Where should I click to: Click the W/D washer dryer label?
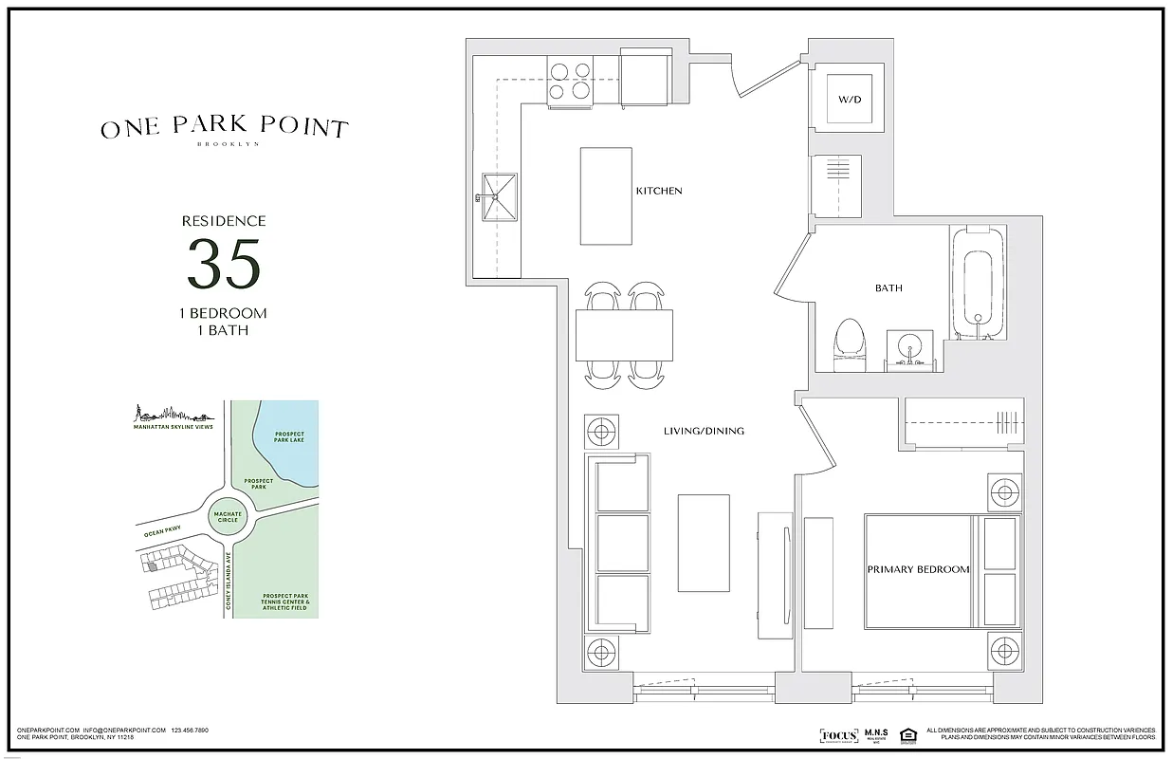(849, 99)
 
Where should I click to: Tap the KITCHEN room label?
(658, 192)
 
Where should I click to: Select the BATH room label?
(888, 287)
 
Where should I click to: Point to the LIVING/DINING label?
(704, 431)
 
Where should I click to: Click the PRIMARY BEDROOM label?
(918, 569)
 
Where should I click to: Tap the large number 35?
(223, 265)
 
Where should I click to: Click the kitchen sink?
(499, 198)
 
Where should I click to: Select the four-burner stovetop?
(570, 80)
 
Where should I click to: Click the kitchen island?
(606, 196)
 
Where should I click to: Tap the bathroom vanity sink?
(909, 351)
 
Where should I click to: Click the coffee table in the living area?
(703, 541)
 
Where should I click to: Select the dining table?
(624, 335)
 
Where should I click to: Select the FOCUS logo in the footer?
(838, 735)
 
